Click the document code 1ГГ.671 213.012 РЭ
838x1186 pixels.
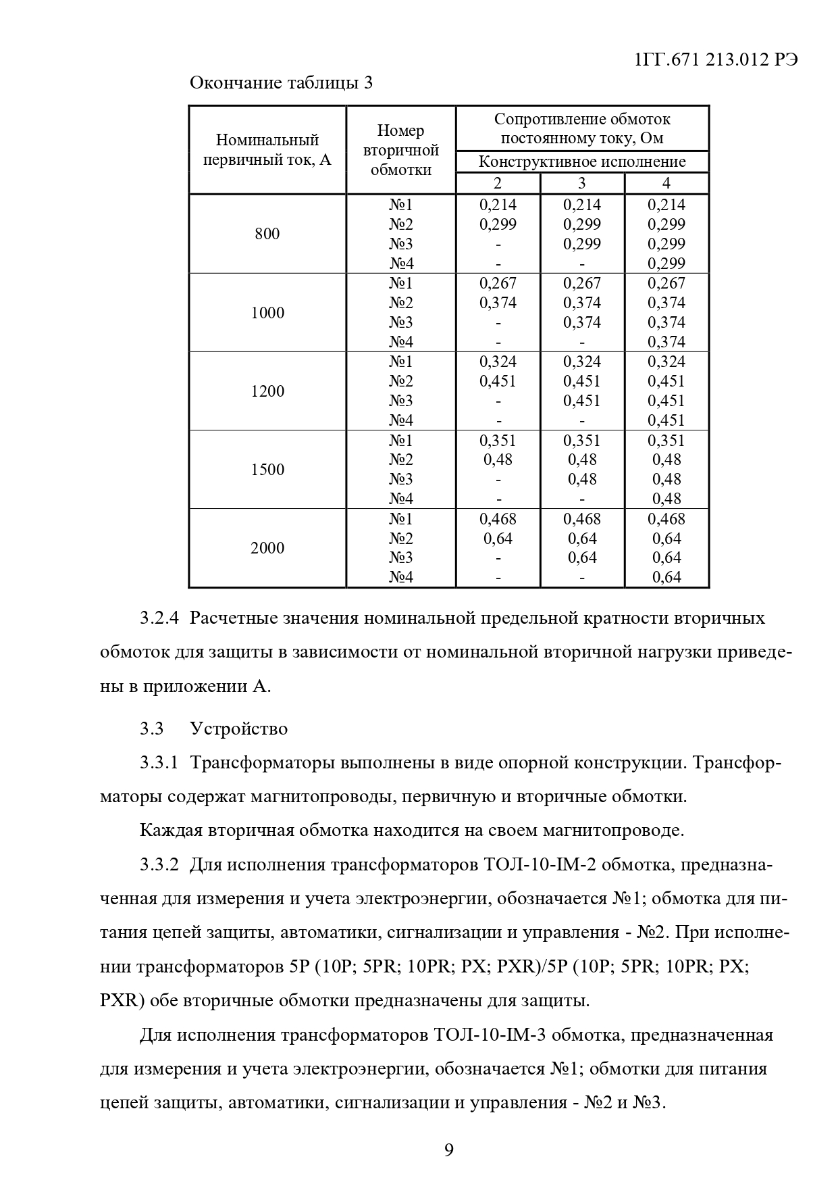(716, 59)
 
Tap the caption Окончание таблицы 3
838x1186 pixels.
(281, 83)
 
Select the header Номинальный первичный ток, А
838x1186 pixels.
(267, 150)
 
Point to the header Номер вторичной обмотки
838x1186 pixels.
(401, 150)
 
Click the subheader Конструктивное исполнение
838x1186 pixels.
(582, 162)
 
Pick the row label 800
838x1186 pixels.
(267, 234)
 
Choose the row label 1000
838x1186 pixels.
(267, 313)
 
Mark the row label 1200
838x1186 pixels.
(267, 391)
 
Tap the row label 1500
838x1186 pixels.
(267, 470)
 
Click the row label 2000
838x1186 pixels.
(267, 548)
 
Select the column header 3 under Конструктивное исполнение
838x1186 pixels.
(582, 183)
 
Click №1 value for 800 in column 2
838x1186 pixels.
(498, 205)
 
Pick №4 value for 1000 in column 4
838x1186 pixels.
(666, 342)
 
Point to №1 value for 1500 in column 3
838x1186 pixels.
(582, 441)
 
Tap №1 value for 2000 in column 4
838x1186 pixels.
(666, 519)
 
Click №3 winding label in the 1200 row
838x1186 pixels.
(401, 401)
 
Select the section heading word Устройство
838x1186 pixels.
(239, 728)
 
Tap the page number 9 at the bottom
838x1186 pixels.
(449, 1150)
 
